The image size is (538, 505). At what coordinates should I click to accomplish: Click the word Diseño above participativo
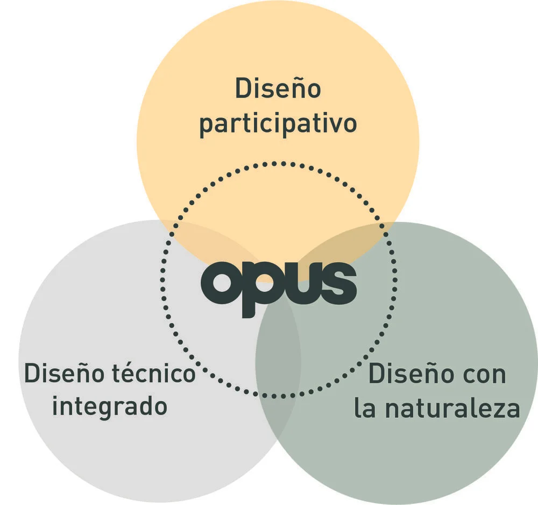click(278, 89)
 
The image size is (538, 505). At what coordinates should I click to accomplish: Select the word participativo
click(278, 124)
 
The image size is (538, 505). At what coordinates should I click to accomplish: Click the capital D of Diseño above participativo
click(243, 89)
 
